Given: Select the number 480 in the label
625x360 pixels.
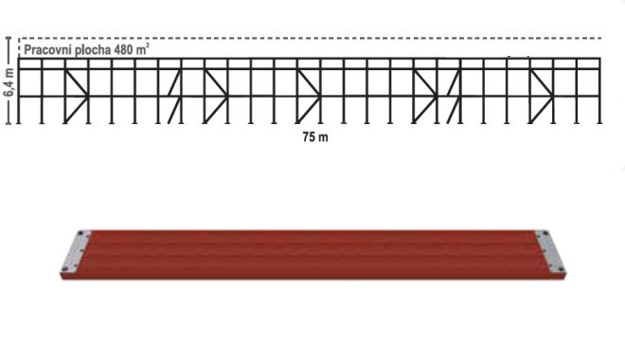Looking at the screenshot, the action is click(x=123, y=50).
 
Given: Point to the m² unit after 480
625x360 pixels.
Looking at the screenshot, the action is click(x=143, y=49).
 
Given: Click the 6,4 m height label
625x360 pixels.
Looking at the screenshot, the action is click(x=9, y=81).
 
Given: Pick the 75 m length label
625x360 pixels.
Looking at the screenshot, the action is click(x=315, y=137).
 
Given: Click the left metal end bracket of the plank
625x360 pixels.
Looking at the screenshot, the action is click(x=76, y=252).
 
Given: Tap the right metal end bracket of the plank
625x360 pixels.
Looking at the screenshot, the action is click(x=550, y=252).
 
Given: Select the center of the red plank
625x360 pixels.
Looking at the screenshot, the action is click(x=312, y=254).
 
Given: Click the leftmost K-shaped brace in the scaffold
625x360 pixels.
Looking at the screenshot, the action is click(x=77, y=96).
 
